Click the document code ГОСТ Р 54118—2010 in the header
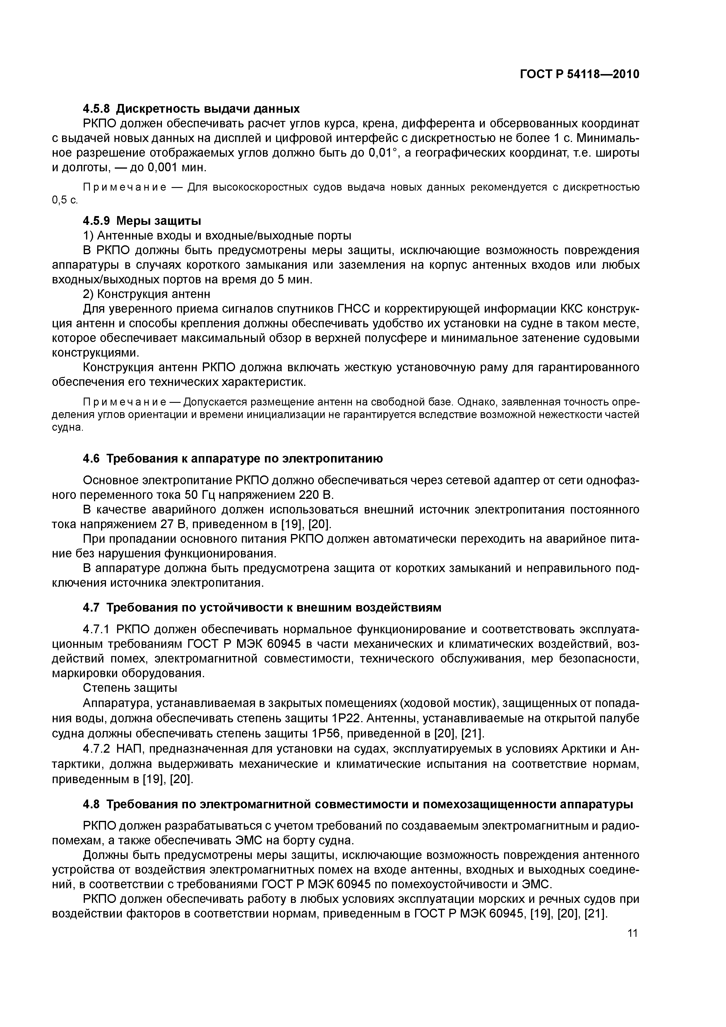579,74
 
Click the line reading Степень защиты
130,687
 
